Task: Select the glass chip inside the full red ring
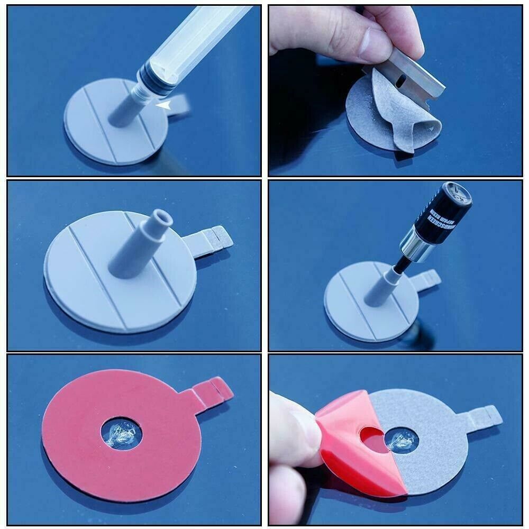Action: [121, 434]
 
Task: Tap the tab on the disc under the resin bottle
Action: [428, 279]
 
